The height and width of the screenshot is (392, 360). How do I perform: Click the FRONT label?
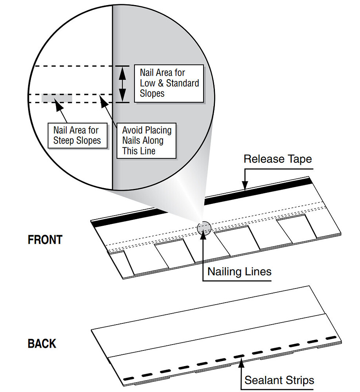[45, 240]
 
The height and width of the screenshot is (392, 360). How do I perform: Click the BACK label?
[42, 343]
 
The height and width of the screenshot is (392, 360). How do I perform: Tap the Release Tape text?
[278, 159]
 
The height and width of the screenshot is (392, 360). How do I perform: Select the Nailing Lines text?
[239, 271]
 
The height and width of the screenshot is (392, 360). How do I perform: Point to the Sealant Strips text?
[279, 380]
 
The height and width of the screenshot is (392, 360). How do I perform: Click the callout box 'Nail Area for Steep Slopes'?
[77, 135]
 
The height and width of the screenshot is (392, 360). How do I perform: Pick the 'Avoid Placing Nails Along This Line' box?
[147, 140]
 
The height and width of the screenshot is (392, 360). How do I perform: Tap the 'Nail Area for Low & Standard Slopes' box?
[169, 83]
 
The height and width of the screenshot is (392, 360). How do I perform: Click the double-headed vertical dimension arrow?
[123, 84]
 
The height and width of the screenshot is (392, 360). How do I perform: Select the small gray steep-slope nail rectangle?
[56, 98]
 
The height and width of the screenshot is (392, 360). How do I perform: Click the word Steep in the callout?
[65, 140]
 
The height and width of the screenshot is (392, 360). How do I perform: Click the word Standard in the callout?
[182, 83]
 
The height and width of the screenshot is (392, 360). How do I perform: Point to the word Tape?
[298, 159]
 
